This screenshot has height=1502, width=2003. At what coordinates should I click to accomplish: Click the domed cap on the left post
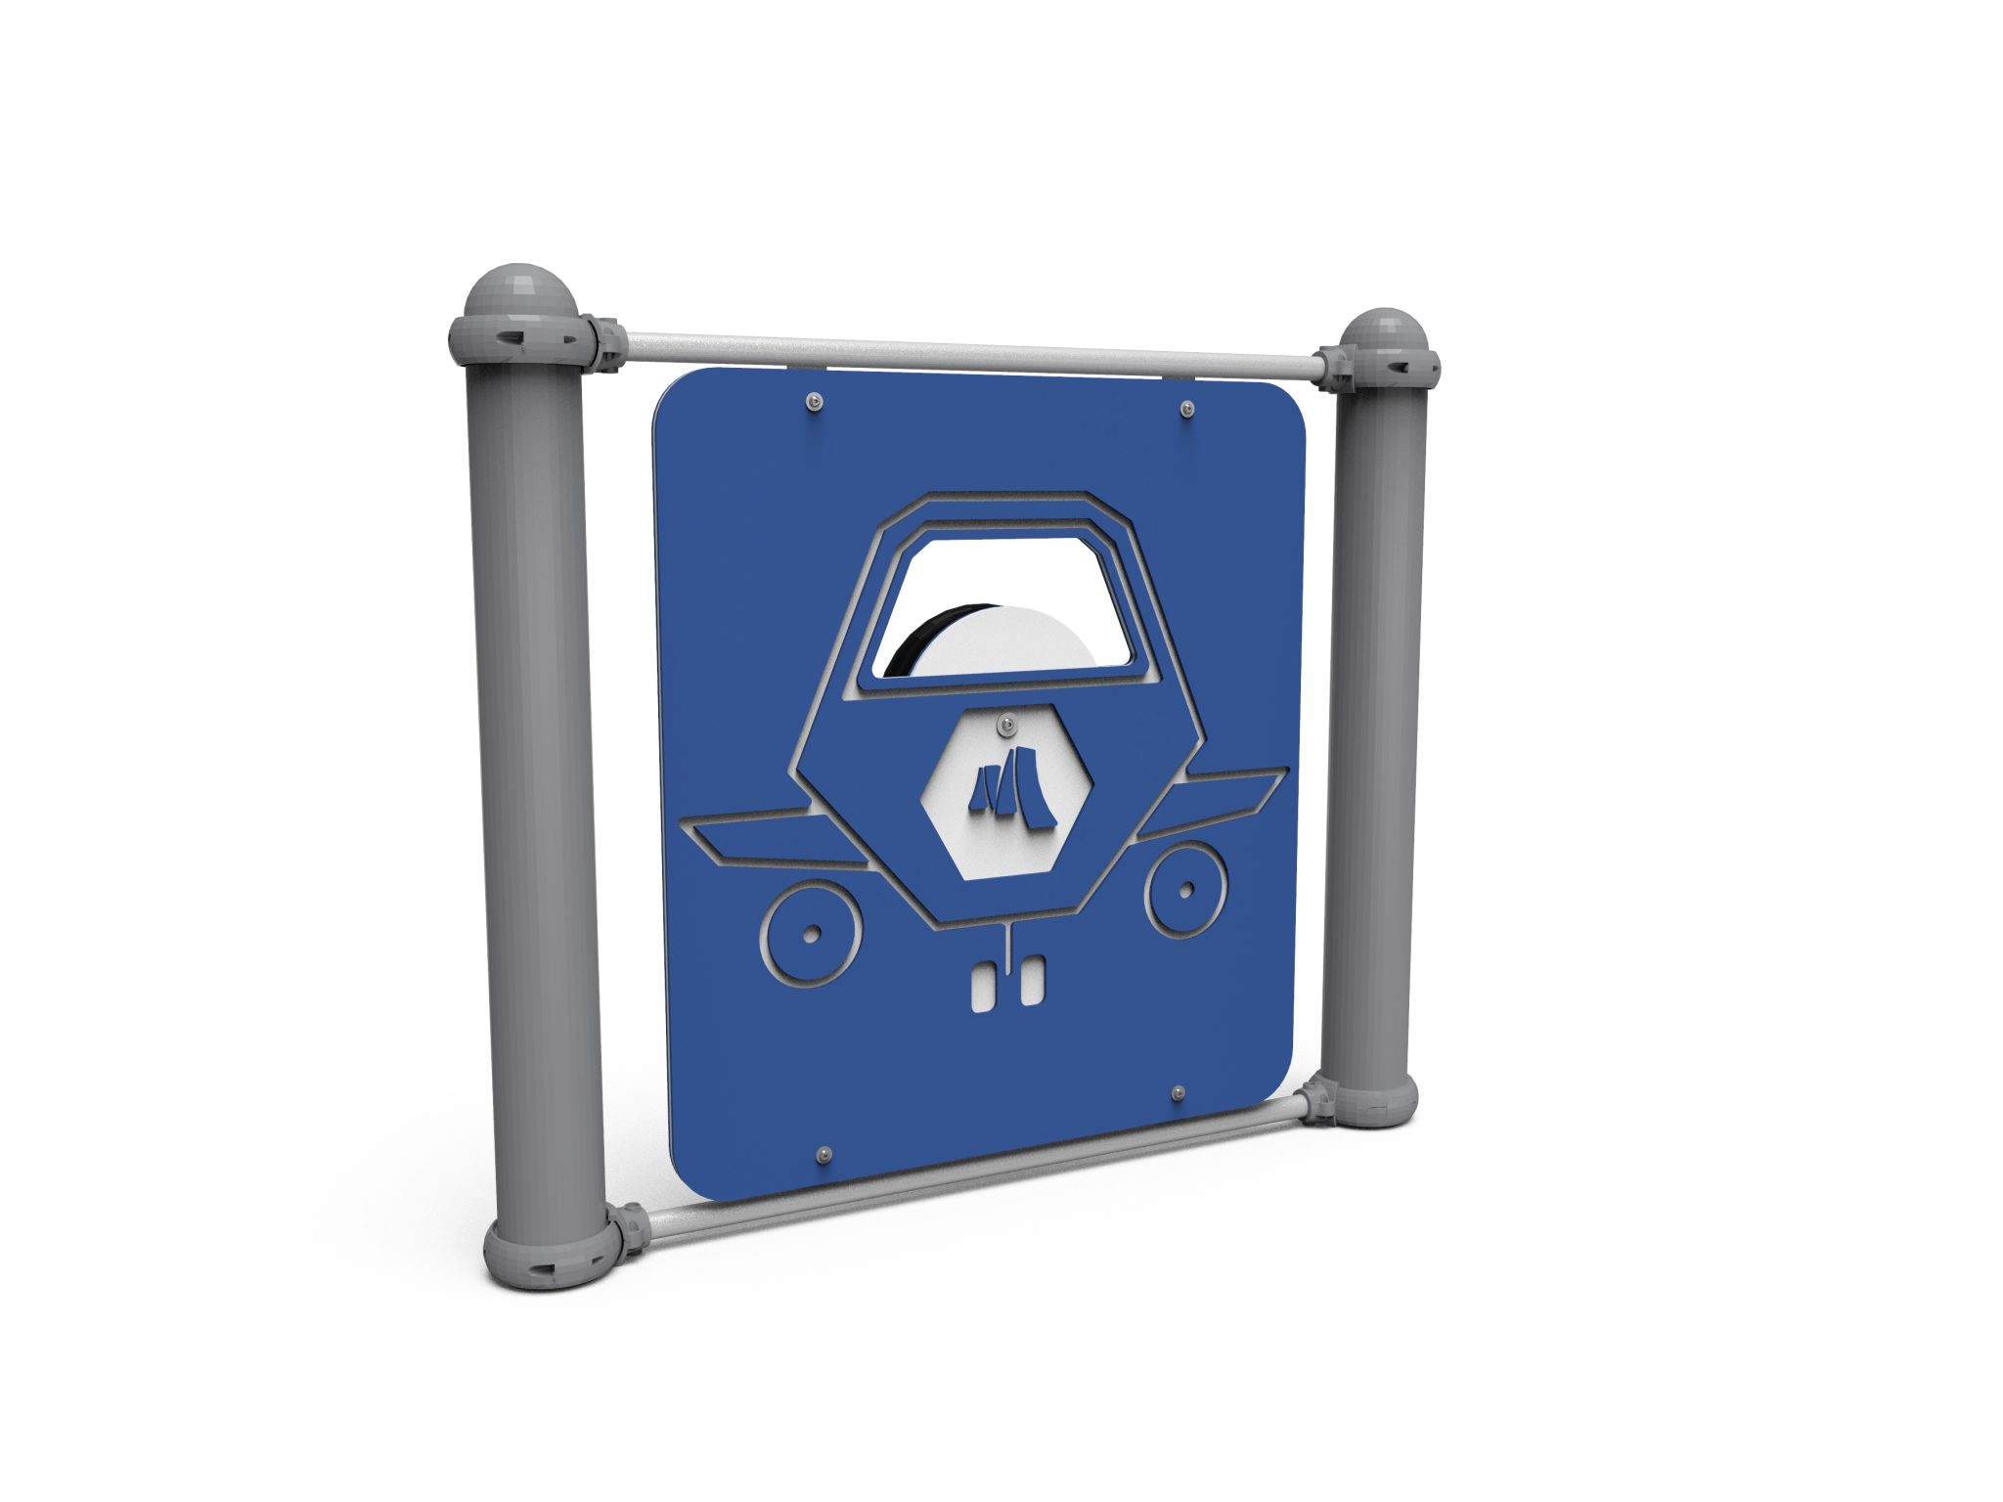[x=519, y=288]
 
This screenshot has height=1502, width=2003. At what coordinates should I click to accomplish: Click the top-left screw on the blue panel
[x=815, y=401]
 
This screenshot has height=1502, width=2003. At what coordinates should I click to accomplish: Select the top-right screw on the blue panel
[x=1186, y=408]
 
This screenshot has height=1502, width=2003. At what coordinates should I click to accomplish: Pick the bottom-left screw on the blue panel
[x=824, y=1155]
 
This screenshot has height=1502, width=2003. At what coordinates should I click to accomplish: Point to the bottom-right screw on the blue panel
[x=1179, y=1091]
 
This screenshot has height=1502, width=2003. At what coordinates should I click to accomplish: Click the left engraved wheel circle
[x=811, y=934]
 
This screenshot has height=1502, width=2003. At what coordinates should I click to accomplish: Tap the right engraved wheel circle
[x=1185, y=889]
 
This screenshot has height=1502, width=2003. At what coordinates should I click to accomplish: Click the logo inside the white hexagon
[x=1011, y=788]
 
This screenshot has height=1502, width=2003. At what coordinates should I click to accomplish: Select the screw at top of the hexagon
[x=1004, y=725]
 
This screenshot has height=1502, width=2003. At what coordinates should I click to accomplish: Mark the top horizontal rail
[x=968, y=356]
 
